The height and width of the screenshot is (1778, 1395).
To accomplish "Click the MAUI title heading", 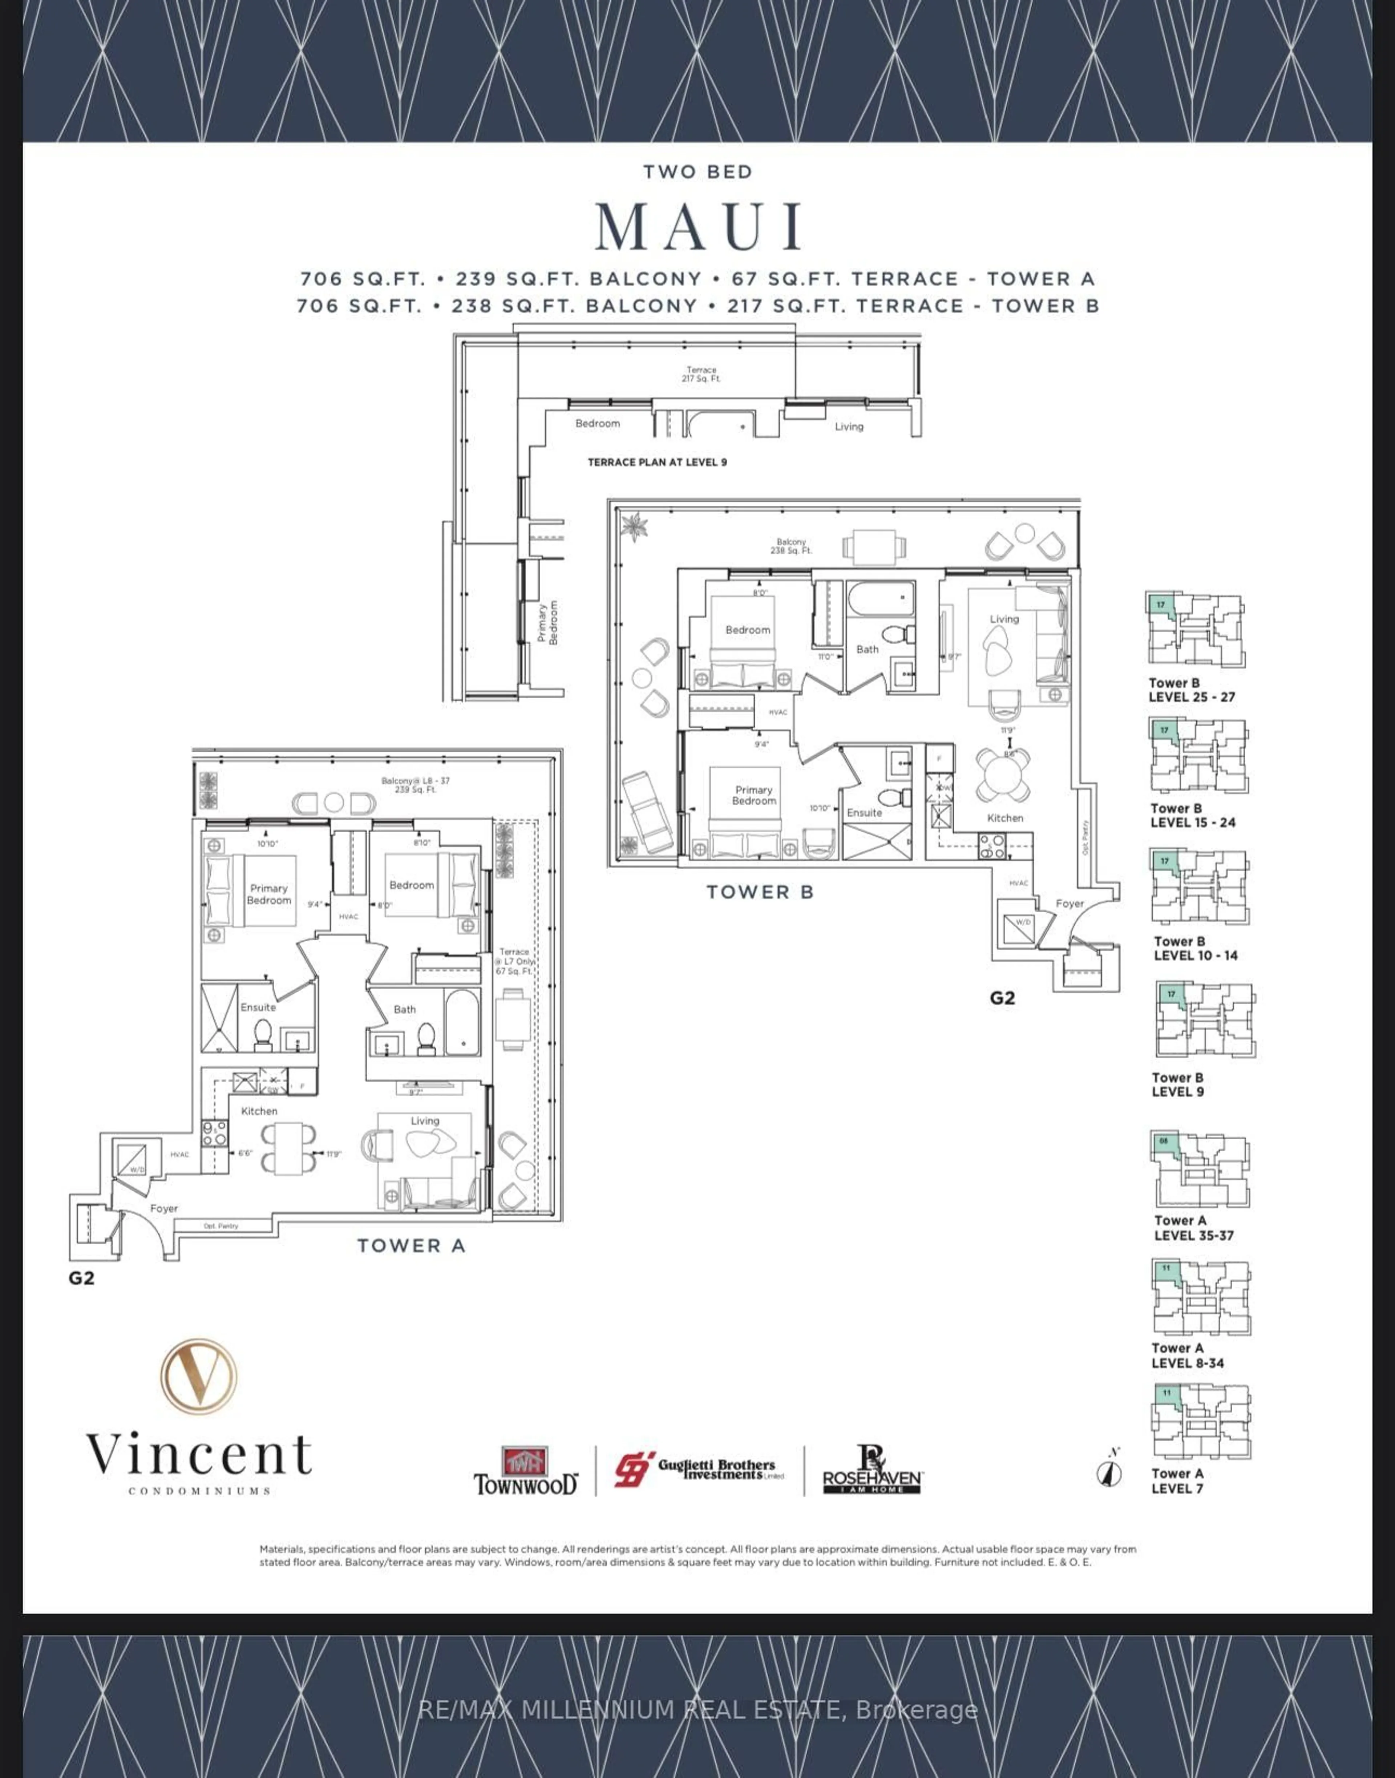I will tap(698, 226).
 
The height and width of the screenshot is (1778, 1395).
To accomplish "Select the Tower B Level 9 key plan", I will tap(1205, 1021).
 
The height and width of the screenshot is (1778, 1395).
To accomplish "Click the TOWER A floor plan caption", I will tap(411, 1245).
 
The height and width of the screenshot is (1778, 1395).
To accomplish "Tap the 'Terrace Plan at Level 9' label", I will tap(657, 462).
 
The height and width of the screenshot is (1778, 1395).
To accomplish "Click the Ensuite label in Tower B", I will tap(864, 813).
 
